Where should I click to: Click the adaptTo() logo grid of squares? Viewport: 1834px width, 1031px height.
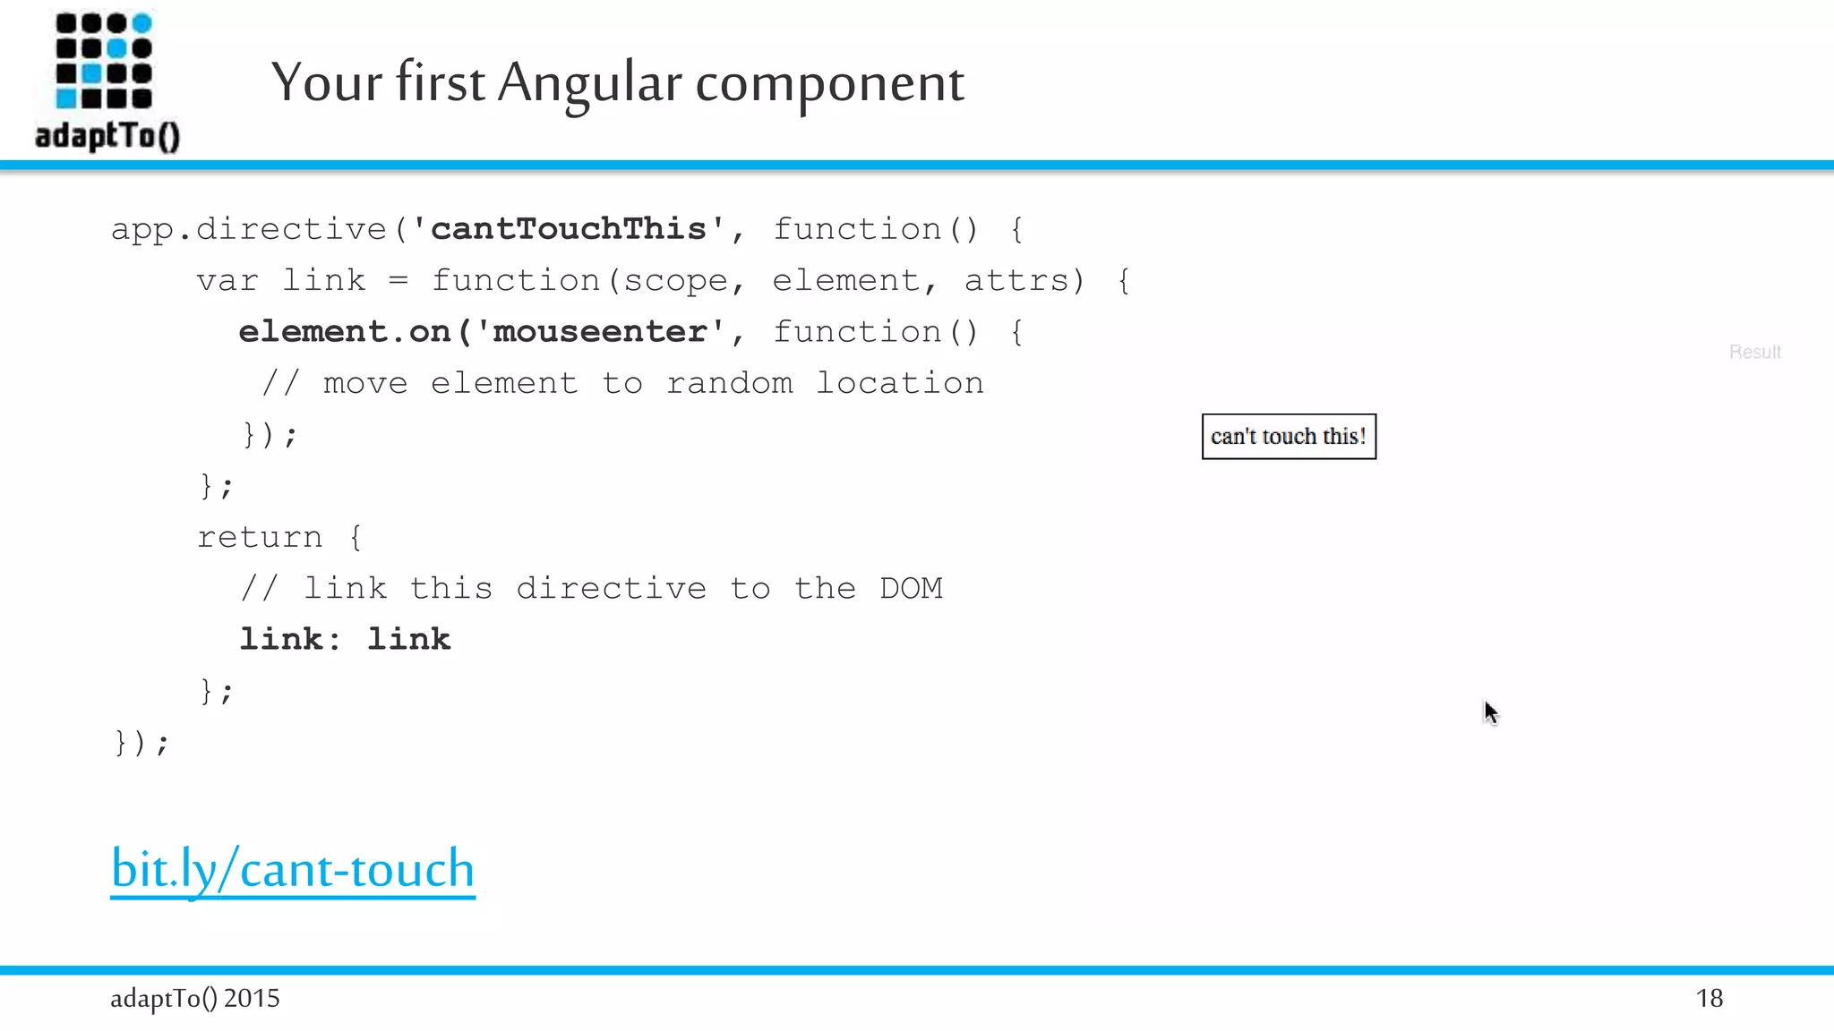click(x=104, y=61)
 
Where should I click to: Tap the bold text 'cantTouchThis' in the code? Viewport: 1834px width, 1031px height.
click(x=568, y=229)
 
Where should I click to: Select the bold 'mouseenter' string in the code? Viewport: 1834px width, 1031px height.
click(x=599, y=332)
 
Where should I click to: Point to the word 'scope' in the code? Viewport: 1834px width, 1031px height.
click(x=675, y=281)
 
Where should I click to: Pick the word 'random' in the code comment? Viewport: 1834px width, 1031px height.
click(x=729, y=384)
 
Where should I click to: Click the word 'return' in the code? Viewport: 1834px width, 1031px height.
click(x=260, y=537)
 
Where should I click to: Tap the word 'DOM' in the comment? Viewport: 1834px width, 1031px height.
click(x=911, y=589)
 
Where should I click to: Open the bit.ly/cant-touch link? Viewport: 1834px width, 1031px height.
click(x=293, y=869)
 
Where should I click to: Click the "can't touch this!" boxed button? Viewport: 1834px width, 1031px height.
click(x=1289, y=437)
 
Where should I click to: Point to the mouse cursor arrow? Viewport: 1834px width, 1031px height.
click(x=1489, y=711)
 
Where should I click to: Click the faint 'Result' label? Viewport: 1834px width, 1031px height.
click(x=1754, y=353)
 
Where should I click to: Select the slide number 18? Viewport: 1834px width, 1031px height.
click(x=1709, y=999)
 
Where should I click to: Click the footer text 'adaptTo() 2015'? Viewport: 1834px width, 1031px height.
click(x=195, y=999)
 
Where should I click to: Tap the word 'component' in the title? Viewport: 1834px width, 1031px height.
click(x=829, y=82)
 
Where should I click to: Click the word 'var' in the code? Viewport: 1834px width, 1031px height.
click(x=227, y=281)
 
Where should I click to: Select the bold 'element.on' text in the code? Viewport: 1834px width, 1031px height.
click(x=345, y=332)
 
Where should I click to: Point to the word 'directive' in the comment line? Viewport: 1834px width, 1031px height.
click(x=611, y=589)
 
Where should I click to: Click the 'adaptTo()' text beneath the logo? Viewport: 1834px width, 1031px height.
click(x=107, y=136)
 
